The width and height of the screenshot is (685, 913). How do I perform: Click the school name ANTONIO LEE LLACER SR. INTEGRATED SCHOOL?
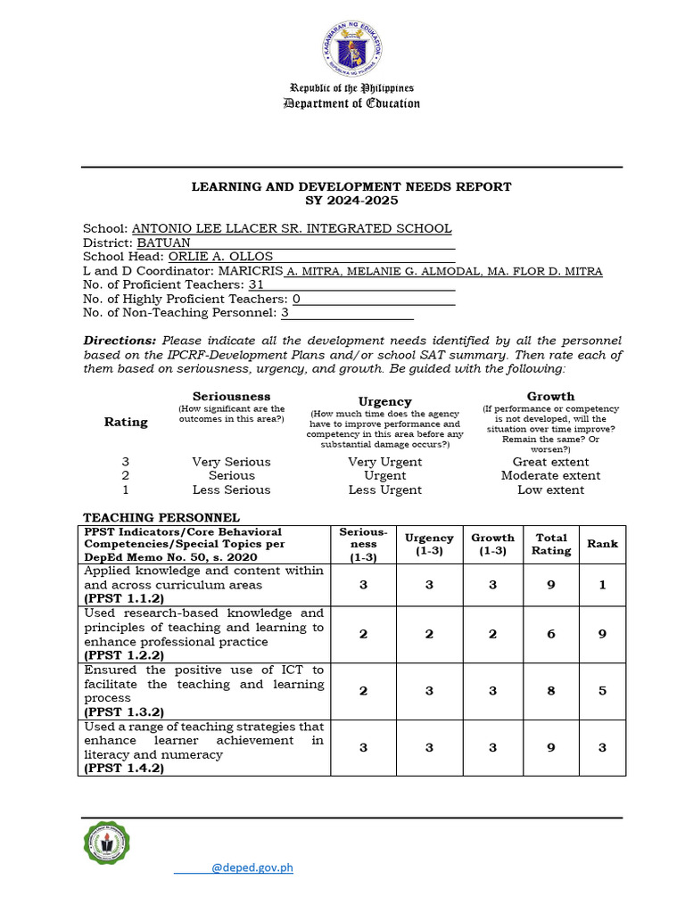[x=292, y=229]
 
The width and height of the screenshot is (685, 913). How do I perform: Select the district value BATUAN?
[x=163, y=243]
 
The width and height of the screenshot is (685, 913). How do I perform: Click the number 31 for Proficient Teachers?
[x=256, y=285]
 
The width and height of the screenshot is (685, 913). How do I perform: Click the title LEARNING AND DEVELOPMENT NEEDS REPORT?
[x=352, y=186]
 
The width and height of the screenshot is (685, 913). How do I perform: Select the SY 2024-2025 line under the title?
[x=352, y=201]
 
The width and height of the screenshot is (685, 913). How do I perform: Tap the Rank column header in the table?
[x=602, y=543]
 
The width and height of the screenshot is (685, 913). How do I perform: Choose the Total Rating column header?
[x=551, y=544]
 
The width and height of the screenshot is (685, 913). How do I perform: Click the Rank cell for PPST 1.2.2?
[x=602, y=634]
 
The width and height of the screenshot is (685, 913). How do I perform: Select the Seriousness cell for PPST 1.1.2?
[x=363, y=585]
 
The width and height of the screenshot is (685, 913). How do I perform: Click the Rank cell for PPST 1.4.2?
[x=602, y=747]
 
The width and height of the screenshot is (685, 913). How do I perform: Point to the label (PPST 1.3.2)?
[x=125, y=712]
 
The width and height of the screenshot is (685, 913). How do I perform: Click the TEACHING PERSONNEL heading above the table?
[x=161, y=517]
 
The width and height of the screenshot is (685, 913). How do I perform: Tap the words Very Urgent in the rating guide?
[x=385, y=462]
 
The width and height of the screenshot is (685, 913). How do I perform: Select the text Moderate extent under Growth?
[x=550, y=475]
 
